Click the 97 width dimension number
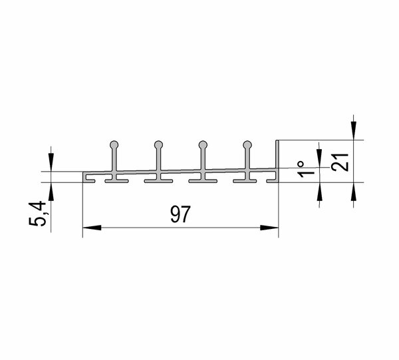click(x=180, y=214)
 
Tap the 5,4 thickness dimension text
click(x=37, y=214)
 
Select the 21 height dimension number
click(x=340, y=162)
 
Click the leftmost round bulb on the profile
click(x=114, y=144)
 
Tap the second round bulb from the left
click(x=158, y=144)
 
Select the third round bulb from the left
click(x=203, y=144)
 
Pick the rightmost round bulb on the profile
click(x=247, y=144)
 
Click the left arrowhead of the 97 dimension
click(x=92, y=228)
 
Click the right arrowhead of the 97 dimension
click(x=269, y=228)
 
